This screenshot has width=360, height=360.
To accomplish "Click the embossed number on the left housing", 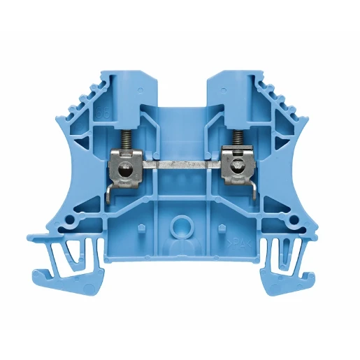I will pyautogui.click(x=105, y=114).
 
